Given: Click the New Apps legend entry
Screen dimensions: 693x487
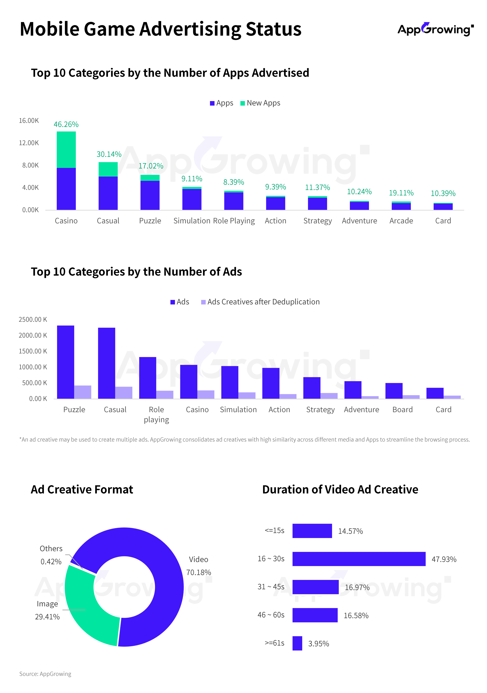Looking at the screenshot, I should (260, 103).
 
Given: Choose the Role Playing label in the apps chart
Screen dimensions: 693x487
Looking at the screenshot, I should (234, 221).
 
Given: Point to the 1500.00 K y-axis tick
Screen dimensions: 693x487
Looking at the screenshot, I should (33, 351).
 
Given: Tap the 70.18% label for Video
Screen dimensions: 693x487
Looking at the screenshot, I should (199, 573).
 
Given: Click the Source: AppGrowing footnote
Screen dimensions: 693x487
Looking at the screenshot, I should (45, 674).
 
